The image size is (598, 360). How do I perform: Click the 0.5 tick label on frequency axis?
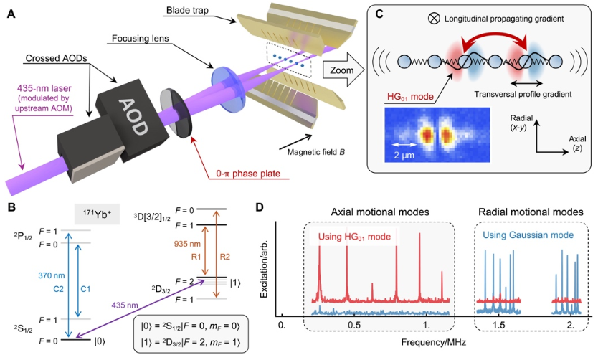(x=354, y=326)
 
